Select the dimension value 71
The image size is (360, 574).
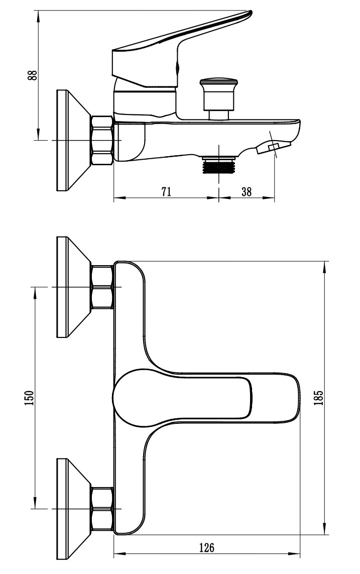167,191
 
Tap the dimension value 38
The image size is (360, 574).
247,191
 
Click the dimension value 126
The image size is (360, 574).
206,547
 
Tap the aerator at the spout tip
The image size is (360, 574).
273,148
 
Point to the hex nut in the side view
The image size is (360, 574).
102,140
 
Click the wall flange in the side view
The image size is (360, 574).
68,140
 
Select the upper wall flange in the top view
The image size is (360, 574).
68,287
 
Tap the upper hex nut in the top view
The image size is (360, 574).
102,287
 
